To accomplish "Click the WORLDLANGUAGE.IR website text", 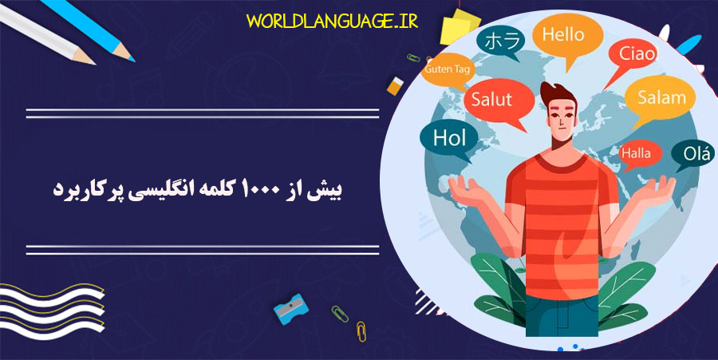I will (x=331, y=19).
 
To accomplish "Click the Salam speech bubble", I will (x=661, y=97).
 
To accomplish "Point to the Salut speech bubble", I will (x=491, y=101).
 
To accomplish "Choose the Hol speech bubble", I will (x=448, y=137).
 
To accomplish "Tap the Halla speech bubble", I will (x=636, y=152).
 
